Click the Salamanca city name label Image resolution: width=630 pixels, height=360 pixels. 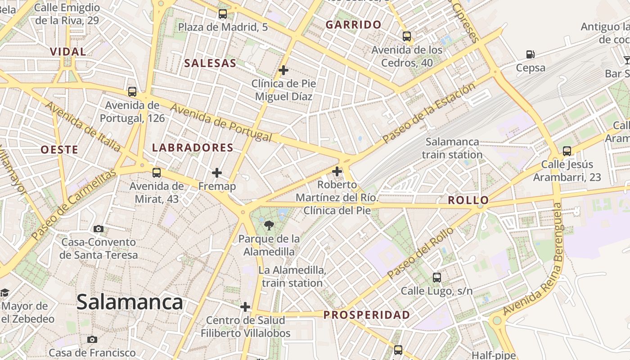coord(130,302)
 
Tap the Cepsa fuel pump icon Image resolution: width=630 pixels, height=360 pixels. coord(531,55)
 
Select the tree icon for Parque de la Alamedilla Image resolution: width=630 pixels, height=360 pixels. coord(269,225)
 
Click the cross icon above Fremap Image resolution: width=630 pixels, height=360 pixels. coord(217,173)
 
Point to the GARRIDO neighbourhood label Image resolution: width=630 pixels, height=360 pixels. coord(353,25)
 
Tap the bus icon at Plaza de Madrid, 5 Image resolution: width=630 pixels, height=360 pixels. coord(223,14)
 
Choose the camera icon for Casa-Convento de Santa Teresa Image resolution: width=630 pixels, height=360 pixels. coord(99,229)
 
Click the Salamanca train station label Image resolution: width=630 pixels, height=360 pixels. coord(452,148)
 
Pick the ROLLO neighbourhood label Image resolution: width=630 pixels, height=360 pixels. coord(468,200)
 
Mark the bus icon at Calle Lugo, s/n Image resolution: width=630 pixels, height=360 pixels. coord(436,278)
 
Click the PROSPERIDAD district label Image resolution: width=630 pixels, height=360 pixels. coord(367,315)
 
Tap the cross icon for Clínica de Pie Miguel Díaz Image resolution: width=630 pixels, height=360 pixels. coord(283,70)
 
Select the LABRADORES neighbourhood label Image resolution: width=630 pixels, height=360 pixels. coord(193,148)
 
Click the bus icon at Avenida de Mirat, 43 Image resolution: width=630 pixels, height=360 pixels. coord(157,172)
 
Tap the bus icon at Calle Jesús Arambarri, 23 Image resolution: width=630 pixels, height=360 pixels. coord(567,151)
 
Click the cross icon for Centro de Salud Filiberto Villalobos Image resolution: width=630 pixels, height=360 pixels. coord(245,307)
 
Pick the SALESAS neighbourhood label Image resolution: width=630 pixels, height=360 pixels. coord(210,63)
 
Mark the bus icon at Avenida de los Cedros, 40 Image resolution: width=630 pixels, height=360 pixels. coord(407,36)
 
